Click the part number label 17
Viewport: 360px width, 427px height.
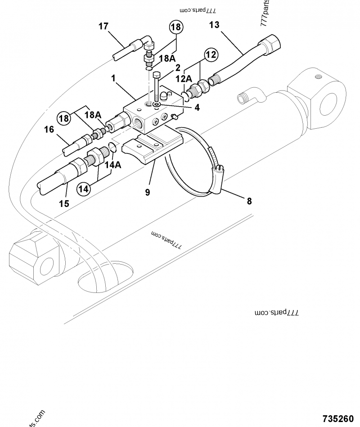pos(103,26)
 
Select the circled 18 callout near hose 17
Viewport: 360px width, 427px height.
pos(176,27)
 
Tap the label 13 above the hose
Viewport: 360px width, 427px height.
pos(214,25)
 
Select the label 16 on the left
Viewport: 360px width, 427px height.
pos(49,130)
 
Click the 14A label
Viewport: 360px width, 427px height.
pos(113,165)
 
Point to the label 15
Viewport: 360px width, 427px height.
pos(64,203)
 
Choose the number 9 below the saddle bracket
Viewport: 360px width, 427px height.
pos(147,192)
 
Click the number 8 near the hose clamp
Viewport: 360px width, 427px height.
pos(249,201)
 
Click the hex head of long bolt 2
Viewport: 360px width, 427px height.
pos(157,74)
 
